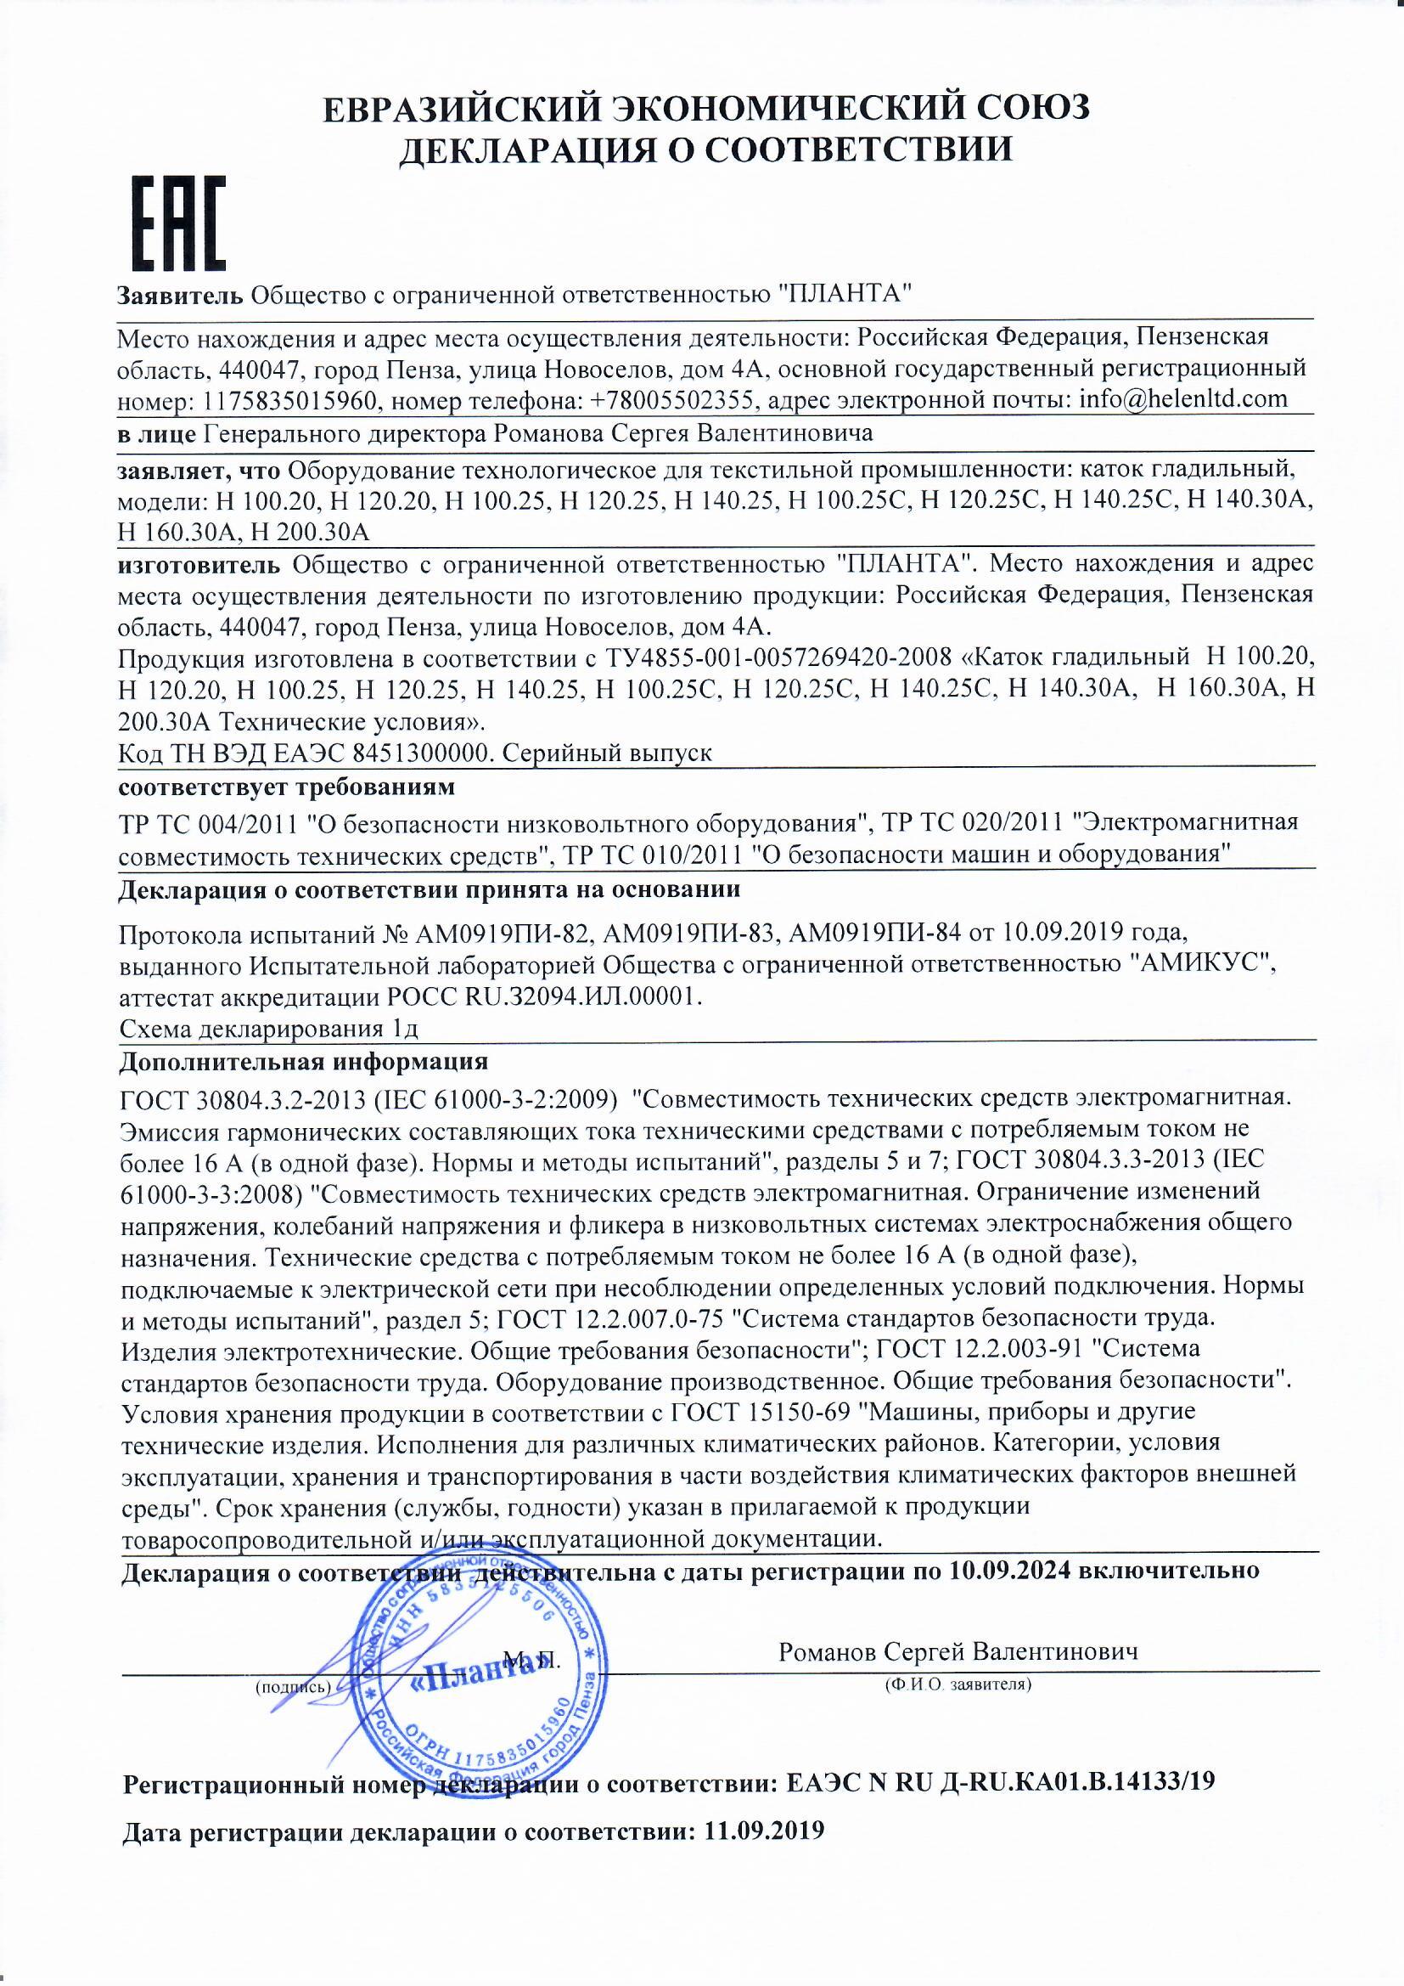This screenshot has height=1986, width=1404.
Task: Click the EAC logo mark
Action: [x=178, y=223]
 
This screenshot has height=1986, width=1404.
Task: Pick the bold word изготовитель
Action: [x=199, y=565]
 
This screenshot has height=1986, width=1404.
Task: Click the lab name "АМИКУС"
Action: [x=1205, y=962]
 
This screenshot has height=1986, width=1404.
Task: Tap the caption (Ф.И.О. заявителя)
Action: [x=957, y=1684]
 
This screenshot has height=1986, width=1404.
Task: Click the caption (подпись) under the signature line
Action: [x=292, y=1687]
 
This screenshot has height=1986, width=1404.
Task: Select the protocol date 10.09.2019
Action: [x=1063, y=932]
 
